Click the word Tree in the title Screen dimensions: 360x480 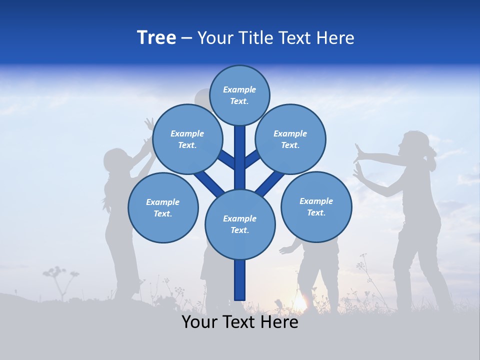click(156, 38)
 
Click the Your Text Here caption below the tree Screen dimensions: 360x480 click(239, 322)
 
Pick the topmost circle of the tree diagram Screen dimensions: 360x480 click(239, 95)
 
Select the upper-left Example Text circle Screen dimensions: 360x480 click(187, 139)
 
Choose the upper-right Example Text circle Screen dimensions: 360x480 click(290, 139)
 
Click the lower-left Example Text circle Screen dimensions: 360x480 click(163, 207)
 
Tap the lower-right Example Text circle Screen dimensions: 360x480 click(316, 206)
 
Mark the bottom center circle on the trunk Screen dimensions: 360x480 click(240, 224)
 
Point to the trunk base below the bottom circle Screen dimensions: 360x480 click(240, 280)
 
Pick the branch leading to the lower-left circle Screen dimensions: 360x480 click(207, 182)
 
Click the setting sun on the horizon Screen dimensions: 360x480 click(299, 303)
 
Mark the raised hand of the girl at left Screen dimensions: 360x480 click(149, 123)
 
